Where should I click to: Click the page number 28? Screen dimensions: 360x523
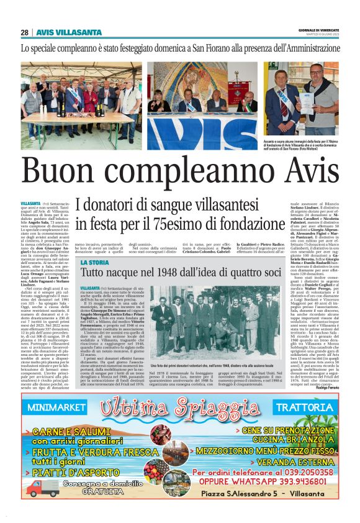[x=25, y=33]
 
